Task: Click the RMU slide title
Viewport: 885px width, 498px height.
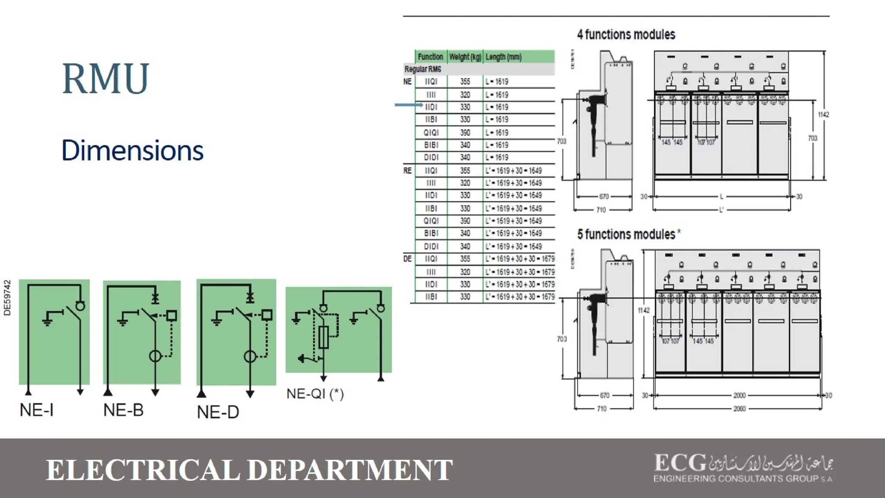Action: (x=105, y=78)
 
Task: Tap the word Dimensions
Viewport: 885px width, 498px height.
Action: (x=132, y=150)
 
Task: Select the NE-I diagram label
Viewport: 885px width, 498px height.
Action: (x=37, y=409)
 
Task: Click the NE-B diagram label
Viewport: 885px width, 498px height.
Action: (x=123, y=410)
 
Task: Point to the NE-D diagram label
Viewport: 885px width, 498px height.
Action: (x=218, y=412)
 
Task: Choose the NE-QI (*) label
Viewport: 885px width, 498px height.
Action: (x=315, y=394)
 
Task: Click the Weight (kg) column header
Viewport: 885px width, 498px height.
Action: (x=465, y=57)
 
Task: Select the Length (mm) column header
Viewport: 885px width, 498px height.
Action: (x=503, y=57)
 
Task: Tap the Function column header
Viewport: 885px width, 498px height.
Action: (x=430, y=57)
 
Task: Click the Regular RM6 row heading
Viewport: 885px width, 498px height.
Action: (x=423, y=69)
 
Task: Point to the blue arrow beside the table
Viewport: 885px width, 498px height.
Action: (x=408, y=105)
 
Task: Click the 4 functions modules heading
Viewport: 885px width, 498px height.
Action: (x=626, y=35)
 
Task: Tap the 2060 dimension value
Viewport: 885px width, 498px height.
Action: (x=739, y=409)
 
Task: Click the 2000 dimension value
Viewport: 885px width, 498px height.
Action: (x=739, y=395)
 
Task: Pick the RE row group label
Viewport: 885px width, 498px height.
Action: (x=407, y=171)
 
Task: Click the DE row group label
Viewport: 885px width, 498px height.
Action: (x=407, y=259)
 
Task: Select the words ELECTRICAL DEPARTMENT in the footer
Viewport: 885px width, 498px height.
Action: (x=249, y=470)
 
